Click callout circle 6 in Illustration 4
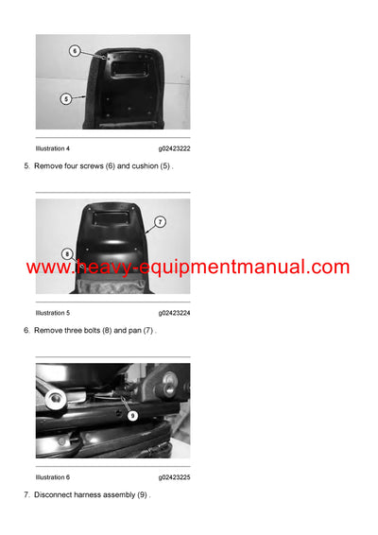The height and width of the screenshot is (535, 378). pos(75,50)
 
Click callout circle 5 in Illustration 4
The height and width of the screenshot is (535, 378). pos(66,98)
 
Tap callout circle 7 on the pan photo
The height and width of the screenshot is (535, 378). pos(160,222)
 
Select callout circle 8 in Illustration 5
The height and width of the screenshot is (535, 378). pos(66,253)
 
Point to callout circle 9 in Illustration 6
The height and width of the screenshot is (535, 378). pos(131,415)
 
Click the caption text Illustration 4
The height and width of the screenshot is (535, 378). pos(52,148)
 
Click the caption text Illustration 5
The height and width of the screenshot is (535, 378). pos(52,312)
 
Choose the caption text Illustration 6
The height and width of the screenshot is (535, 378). pos(52,476)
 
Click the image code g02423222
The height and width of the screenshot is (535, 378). pos(174,148)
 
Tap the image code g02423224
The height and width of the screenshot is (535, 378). pos(174,312)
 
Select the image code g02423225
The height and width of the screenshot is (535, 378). pos(174,476)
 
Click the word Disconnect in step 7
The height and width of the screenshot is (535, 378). pos(55,495)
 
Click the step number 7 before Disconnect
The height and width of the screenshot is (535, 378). pos(26,495)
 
